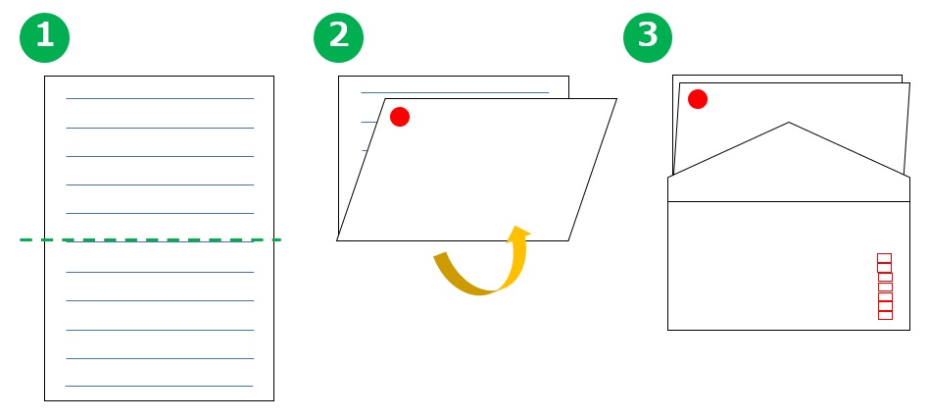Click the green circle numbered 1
click(44, 37)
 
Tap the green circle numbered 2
click(338, 37)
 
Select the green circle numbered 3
click(648, 37)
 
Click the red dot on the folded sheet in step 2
click(400, 117)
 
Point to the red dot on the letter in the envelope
click(698, 99)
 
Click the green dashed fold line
click(151, 240)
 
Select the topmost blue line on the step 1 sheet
click(160, 98)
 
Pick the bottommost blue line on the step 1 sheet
click(159, 386)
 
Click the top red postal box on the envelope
click(884, 258)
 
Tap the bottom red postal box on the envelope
click(885, 315)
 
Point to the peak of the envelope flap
click(789, 123)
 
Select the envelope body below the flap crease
click(789, 266)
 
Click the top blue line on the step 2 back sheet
click(455, 92)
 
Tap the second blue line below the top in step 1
click(160, 128)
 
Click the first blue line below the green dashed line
click(160, 272)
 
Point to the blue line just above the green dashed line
click(160, 213)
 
